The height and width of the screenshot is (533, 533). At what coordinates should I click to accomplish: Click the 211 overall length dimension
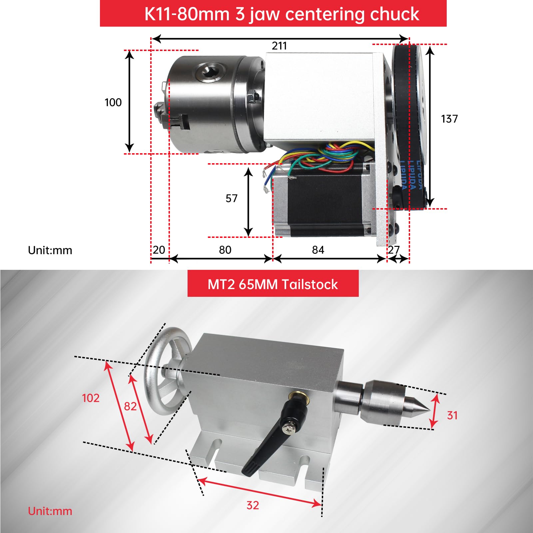pos(279,46)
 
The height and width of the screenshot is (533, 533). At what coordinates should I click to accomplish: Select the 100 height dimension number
pos(113,102)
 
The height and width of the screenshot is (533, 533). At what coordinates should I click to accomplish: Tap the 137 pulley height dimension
pos(449,119)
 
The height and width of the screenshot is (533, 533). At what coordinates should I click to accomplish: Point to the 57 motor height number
pos(232,199)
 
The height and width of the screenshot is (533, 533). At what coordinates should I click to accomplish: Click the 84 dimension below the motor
pos(318,250)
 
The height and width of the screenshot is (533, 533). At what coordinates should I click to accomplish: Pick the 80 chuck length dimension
pos(225,250)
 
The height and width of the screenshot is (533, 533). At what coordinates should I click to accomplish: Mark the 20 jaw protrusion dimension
pos(159,250)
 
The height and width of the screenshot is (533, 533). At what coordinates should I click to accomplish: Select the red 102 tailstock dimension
pos(91,398)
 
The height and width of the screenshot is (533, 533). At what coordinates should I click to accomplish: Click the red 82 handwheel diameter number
pos(130,406)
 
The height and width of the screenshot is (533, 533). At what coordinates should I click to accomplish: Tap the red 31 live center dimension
pos(452,415)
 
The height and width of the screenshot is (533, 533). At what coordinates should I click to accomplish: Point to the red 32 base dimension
pos(253,505)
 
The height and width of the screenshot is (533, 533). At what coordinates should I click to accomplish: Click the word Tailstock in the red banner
pos(309,284)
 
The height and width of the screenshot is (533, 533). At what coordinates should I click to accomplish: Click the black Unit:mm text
pos(50,250)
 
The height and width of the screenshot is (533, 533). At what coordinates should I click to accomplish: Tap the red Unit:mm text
pos(50,511)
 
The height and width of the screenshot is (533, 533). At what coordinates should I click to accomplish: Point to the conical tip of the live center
pos(420,405)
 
